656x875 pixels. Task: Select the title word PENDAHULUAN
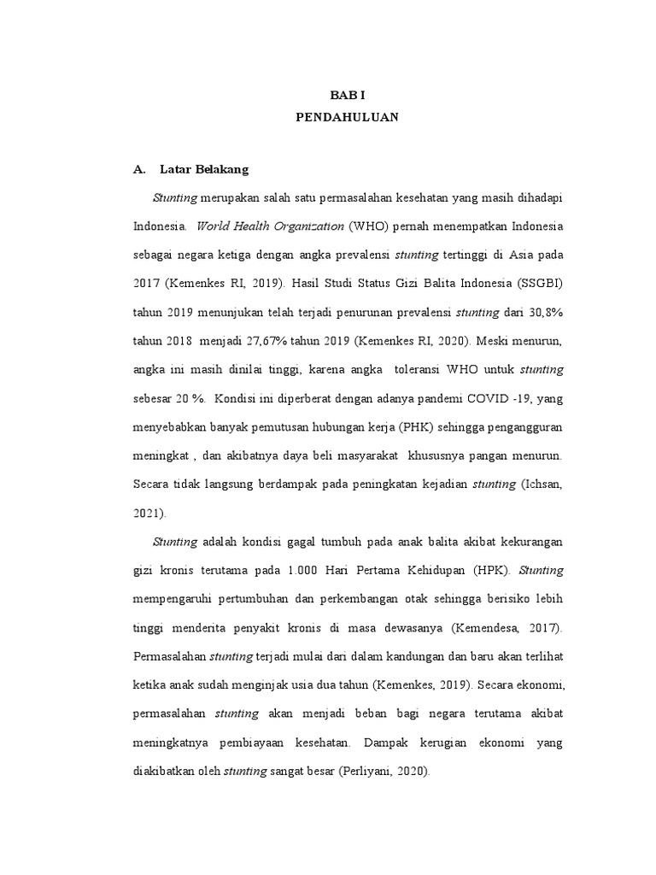click(346, 120)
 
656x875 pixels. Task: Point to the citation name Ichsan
click(543, 484)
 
